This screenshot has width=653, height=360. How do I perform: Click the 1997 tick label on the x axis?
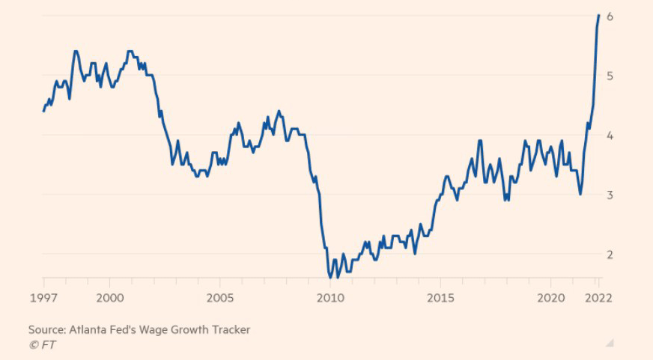(43, 297)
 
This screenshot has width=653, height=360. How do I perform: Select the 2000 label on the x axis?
(109, 297)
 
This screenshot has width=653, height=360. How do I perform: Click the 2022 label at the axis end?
(598, 297)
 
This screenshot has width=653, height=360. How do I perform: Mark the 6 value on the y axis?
(611, 16)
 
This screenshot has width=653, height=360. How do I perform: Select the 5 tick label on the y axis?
(611, 76)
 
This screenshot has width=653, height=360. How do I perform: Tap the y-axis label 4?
(611, 135)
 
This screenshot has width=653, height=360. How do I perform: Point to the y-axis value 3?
(611, 195)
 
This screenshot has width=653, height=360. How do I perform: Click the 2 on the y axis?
(611, 254)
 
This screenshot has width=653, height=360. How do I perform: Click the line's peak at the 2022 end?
(598, 16)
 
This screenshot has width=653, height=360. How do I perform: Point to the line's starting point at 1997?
(43, 111)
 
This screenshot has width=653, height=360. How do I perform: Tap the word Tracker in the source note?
(230, 329)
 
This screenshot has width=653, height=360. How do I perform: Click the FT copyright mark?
(42, 344)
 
